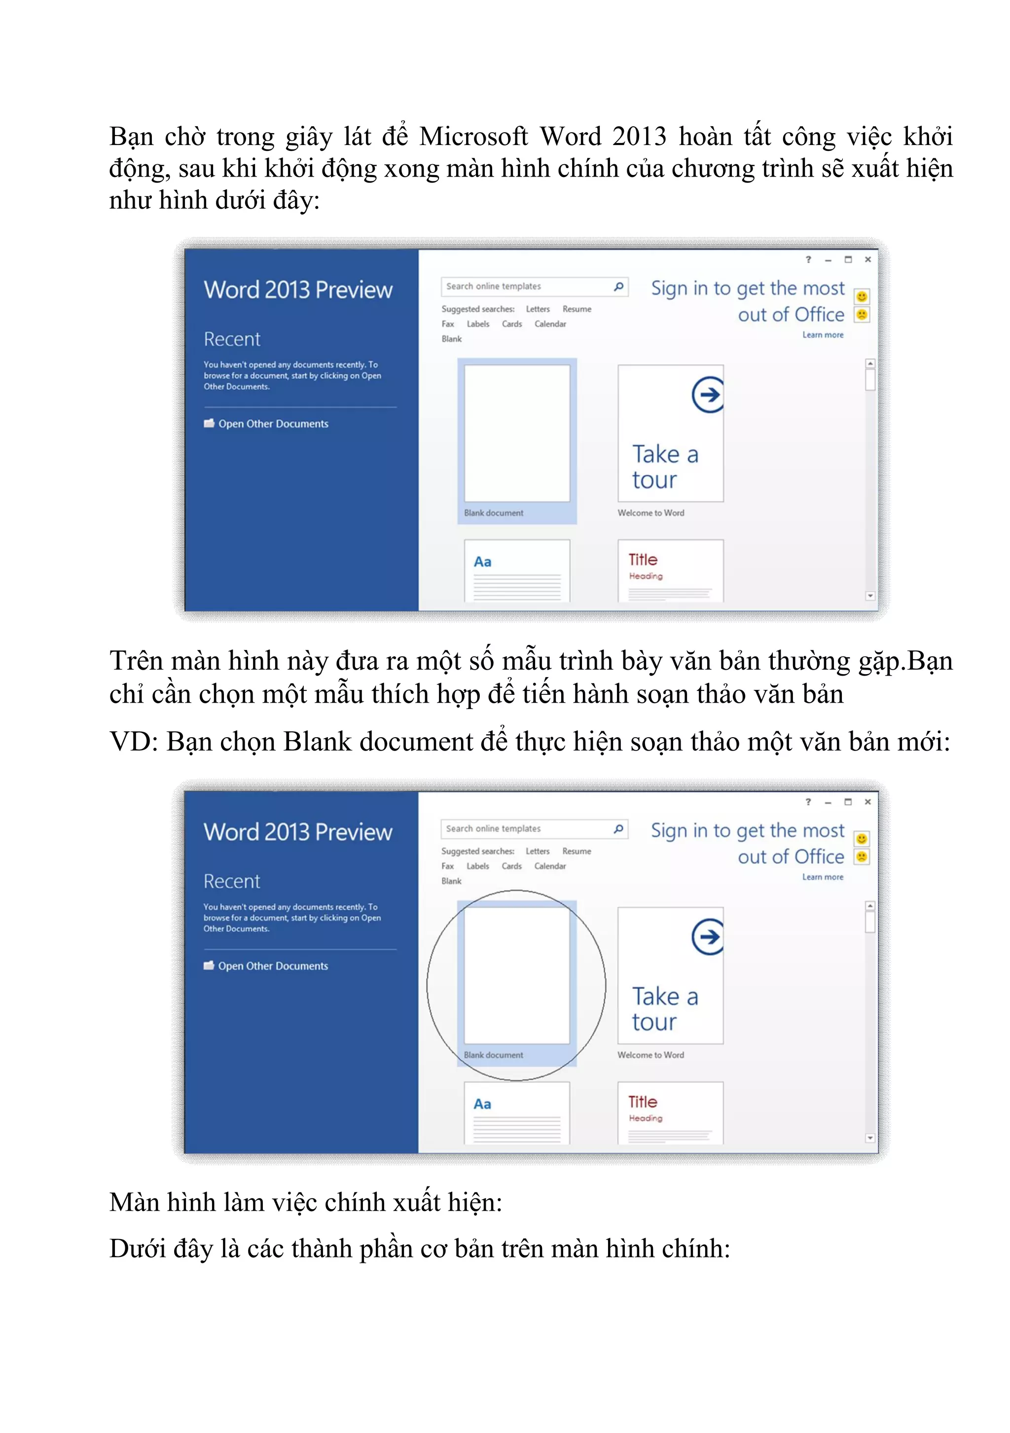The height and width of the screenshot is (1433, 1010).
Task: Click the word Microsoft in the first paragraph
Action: pyautogui.click(x=472, y=137)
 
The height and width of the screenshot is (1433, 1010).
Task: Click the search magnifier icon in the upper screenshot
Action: pyautogui.click(x=618, y=287)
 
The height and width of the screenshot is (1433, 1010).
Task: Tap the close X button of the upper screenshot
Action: pyautogui.click(x=867, y=260)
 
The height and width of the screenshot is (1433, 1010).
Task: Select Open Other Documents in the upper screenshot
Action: pyautogui.click(x=273, y=424)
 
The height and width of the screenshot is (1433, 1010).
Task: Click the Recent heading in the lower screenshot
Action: pyautogui.click(x=232, y=881)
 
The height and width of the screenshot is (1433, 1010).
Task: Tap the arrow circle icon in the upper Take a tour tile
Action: pyautogui.click(x=708, y=394)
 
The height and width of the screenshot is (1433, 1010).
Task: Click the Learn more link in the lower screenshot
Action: pyautogui.click(x=822, y=877)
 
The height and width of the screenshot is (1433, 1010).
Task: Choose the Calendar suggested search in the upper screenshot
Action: pyautogui.click(x=550, y=324)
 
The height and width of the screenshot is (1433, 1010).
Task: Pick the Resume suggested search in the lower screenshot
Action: pyautogui.click(x=576, y=851)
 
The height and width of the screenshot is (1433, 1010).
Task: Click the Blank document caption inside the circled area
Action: pyautogui.click(x=493, y=1055)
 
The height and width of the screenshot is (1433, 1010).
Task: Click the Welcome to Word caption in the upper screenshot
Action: pyautogui.click(x=650, y=513)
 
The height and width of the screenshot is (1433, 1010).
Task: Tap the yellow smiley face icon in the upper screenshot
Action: pyautogui.click(x=862, y=296)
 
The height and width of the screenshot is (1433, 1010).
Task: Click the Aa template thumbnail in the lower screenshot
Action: pyautogui.click(x=516, y=1113)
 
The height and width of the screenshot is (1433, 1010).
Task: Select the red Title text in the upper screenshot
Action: pyautogui.click(x=642, y=559)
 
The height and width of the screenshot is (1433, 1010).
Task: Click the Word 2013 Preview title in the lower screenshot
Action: pyautogui.click(x=298, y=832)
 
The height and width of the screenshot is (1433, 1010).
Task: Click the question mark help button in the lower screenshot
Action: pyautogui.click(x=808, y=802)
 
